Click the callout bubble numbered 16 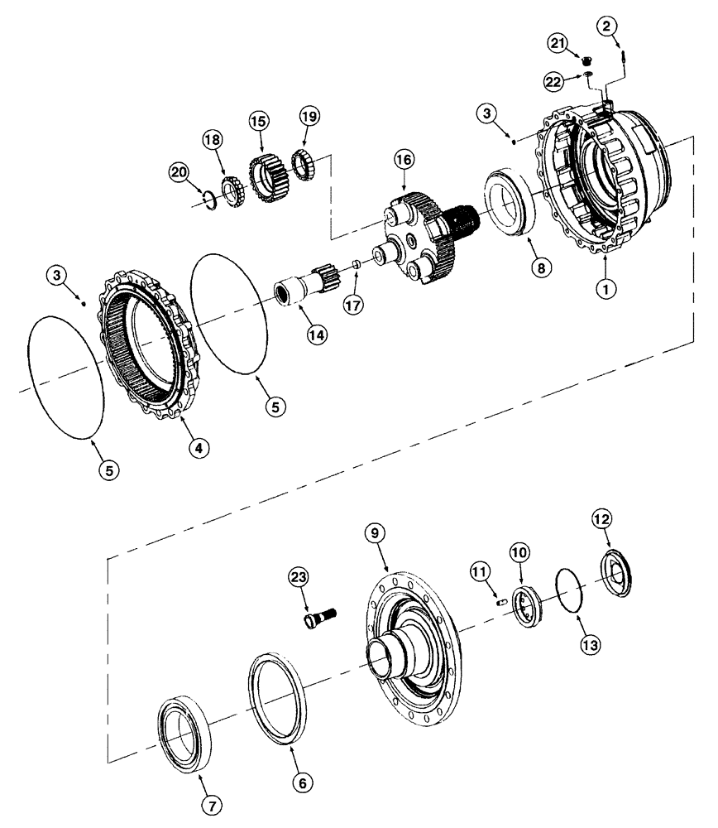click(x=404, y=161)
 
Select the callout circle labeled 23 click(x=299, y=576)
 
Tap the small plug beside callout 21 click(x=586, y=60)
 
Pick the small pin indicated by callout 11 click(x=502, y=603)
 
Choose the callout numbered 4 click(x=197, y=447)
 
